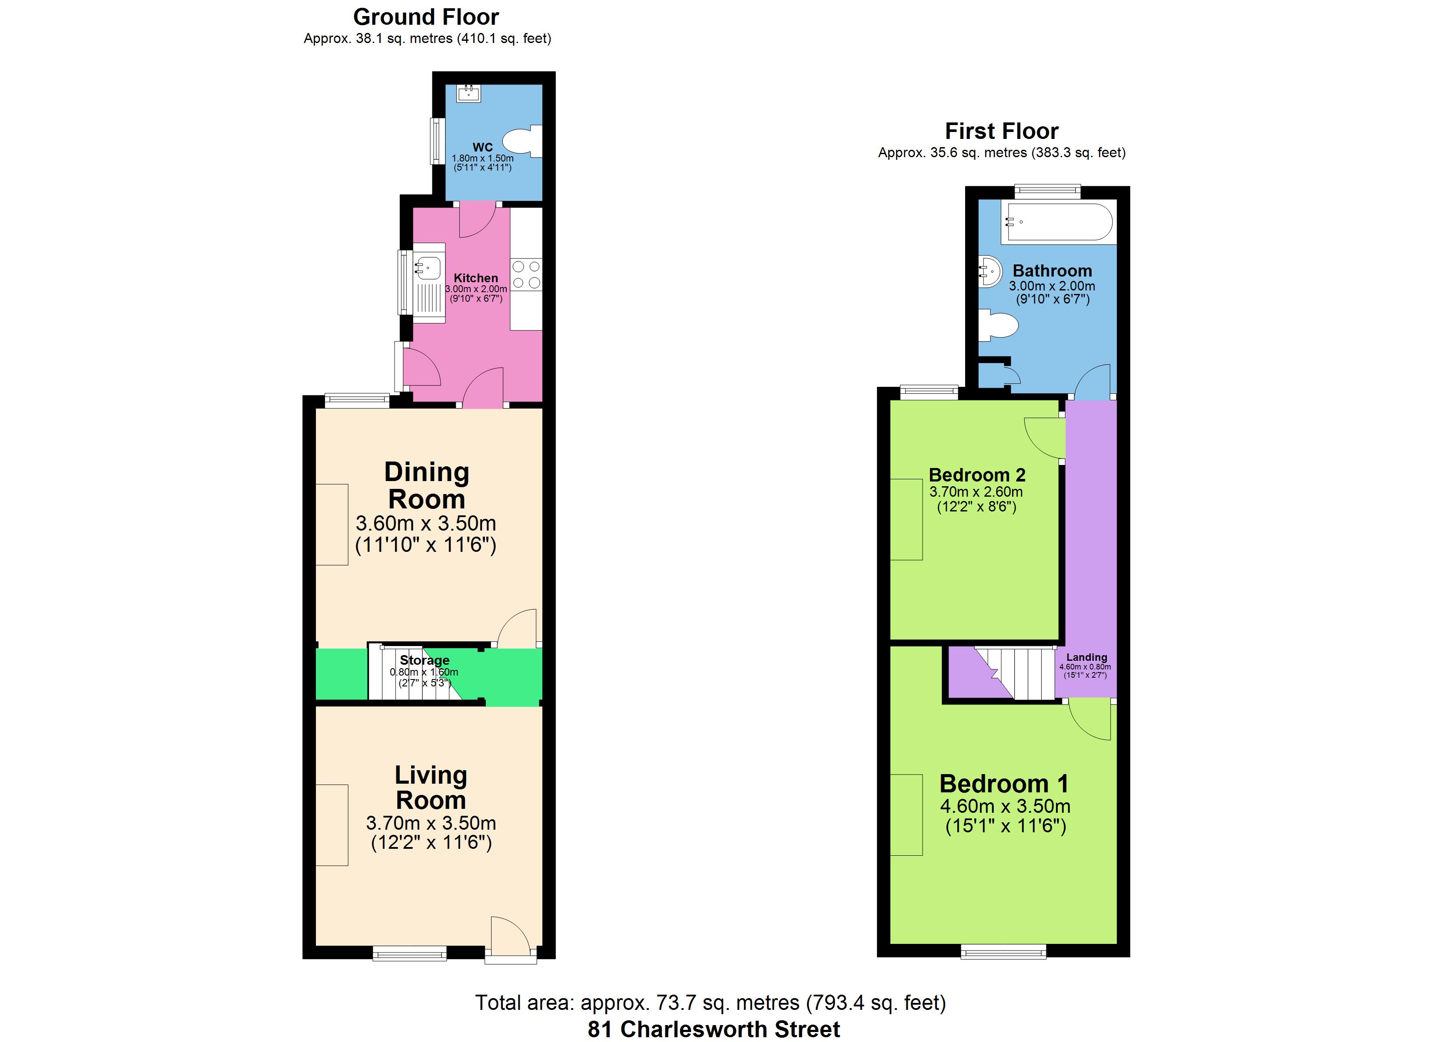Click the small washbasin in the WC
tap(468, 93)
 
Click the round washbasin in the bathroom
tap(990, 272)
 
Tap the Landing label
tap(1086, 657)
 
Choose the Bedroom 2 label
tap(977, 475)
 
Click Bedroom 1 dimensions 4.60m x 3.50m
tap(1005, 806)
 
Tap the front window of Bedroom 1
tap(1003, 951)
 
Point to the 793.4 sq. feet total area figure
tap(877, 1003)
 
